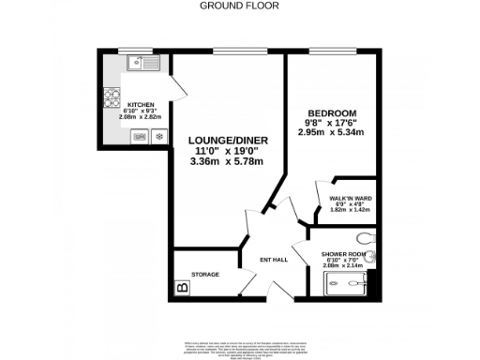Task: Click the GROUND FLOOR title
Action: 239,5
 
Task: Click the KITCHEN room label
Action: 141,105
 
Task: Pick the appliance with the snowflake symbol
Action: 157,136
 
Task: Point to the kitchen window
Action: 128,50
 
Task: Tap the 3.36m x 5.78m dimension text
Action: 225,160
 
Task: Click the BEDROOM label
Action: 330,113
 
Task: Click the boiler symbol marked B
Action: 182,288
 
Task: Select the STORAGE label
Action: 205,274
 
